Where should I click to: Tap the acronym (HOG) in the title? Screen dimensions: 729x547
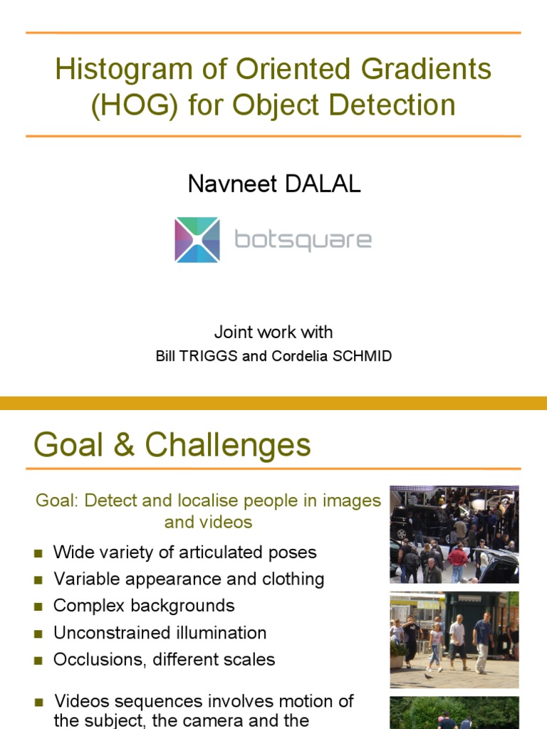point(135,105)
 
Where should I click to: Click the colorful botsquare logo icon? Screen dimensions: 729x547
point(197,240)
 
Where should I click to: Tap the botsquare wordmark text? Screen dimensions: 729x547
point(303,240)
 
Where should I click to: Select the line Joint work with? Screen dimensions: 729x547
point(273,332)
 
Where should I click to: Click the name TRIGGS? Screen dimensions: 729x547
point(212,356)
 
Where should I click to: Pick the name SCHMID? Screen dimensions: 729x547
point(361,356)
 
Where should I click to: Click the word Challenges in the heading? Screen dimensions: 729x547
point(228,446)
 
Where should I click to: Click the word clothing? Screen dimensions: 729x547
point(293,579)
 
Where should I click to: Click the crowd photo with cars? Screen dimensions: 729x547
point(454,534)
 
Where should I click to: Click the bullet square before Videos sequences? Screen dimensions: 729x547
point(40,702)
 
